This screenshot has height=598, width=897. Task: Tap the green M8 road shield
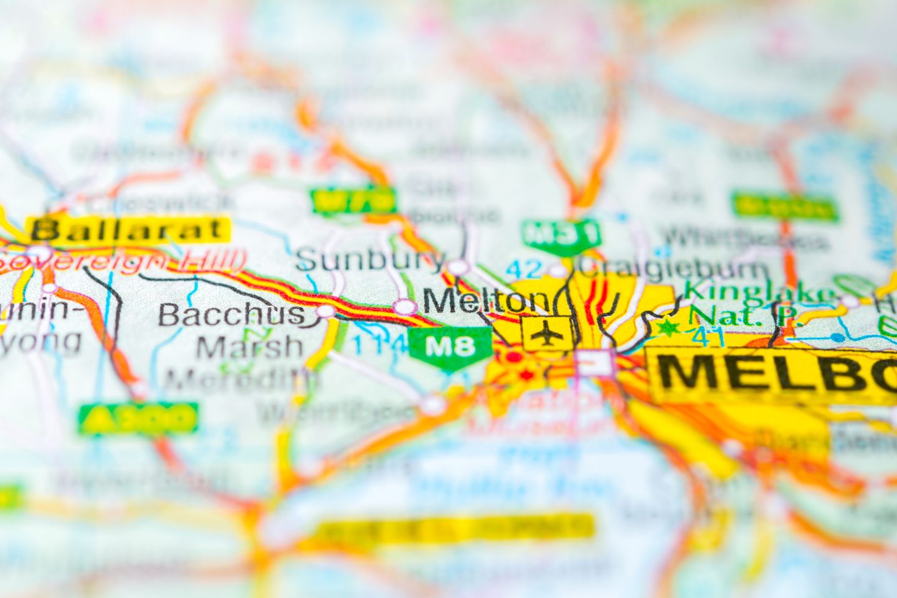click(x=450, y=346)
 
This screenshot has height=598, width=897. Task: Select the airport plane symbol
click(x=547, y=335)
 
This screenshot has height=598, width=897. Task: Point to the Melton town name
click(x=486, y=301)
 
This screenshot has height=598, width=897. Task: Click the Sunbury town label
click(x=371, y=259)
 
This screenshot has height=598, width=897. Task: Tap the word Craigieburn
click(x=673, y=268)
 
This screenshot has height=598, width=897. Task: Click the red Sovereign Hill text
click(x=121, y=262)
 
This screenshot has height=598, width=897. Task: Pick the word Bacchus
click(x=231, y=314)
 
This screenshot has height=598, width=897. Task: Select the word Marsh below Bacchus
click(x=249, y=347)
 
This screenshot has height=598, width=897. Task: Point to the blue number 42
click(x=523, y=269)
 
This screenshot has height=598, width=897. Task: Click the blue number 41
click(x=708, y=337)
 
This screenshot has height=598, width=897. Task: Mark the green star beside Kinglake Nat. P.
click(x=668, y=326)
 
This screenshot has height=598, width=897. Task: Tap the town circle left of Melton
click(x=405, y=306)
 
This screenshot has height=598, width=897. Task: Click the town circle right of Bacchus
click(x=325, y=311)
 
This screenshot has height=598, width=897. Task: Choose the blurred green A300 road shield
click(x=138, y=418)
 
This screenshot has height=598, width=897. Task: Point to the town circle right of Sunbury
click(x=458, y=267)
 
